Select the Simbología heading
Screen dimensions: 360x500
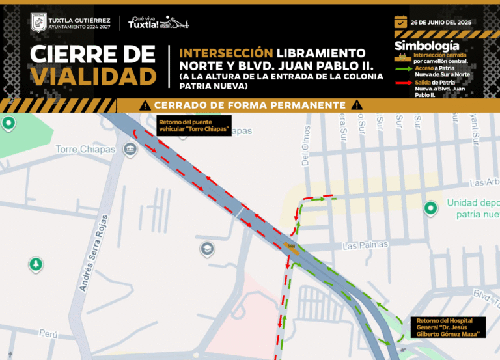click(426, 46)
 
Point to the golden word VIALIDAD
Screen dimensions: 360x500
click(94, 76)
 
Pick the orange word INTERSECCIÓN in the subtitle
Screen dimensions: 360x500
click(225, 51)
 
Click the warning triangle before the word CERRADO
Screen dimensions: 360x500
click(145, 105)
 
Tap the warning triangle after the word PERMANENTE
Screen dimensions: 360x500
click(355, 105)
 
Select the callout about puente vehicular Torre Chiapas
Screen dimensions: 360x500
click(194, 126)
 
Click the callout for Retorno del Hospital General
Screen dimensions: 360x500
click(450, 327)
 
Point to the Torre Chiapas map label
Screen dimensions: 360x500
click(85, 149)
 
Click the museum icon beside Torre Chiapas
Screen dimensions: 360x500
click(130, 150)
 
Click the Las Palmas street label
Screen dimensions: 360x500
click(365, 245)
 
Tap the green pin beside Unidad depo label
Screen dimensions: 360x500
click(430, 208)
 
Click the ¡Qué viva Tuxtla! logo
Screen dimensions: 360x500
click(158, 22)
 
